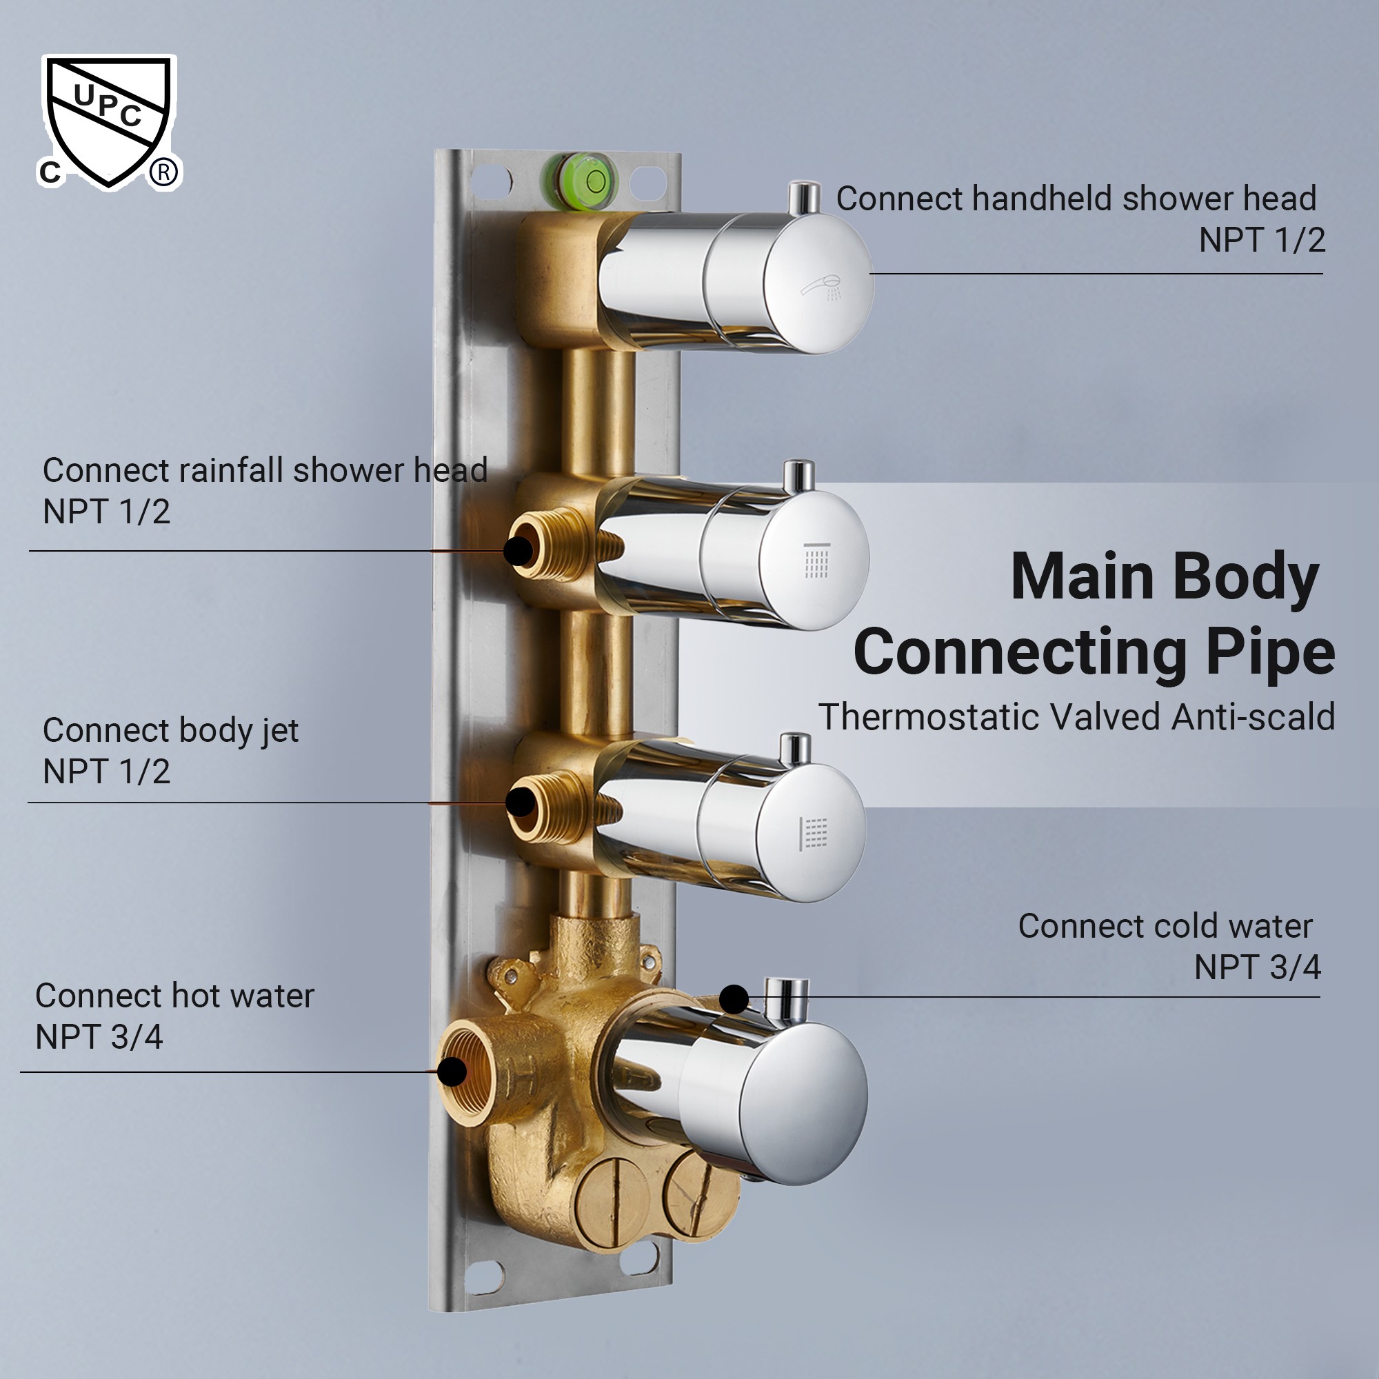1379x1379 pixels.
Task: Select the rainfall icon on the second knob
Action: (x=816, y=560)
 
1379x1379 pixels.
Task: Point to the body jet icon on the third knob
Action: (x=814, y=834)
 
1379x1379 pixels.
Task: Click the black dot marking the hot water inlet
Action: (x=452, y=1071)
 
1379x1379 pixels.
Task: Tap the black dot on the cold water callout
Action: (x=734, y=998)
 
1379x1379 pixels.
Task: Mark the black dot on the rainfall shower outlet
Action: (x=519, y=551)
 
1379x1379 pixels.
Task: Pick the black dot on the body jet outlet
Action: (x=521, y=803)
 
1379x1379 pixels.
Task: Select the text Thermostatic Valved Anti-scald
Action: (x=1076, y=716)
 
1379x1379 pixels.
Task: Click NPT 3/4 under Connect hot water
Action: (x=99, y=1037)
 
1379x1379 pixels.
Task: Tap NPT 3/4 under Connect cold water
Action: (x=1257, y=967)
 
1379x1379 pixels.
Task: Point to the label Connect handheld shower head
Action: (x=1076, y=199)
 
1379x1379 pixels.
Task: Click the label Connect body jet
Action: (x=170, y=730)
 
